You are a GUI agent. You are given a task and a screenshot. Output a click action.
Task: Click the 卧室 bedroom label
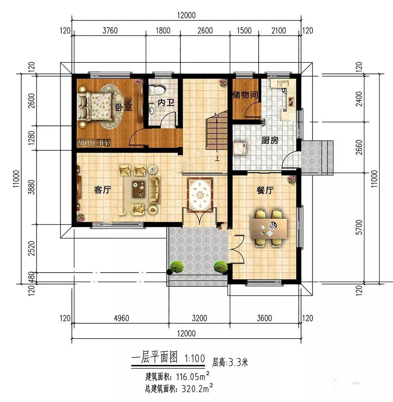(123, 107)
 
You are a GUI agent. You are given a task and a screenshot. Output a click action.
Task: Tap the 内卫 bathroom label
(166, 103)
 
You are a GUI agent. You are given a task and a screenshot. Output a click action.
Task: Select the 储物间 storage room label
(245, 95)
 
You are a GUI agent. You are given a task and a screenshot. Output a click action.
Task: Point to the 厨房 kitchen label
(270, 140)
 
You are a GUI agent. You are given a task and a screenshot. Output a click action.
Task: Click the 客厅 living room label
(103, 190)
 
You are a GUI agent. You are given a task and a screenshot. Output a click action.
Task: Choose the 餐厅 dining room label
(265, 190)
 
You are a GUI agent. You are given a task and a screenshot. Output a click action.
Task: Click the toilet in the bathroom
(157, 90)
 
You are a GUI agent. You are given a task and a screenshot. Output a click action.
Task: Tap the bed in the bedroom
(95, 107)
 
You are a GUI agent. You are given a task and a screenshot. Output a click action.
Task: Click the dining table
(269, 228)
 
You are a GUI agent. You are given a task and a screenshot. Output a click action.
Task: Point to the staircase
(217, 130)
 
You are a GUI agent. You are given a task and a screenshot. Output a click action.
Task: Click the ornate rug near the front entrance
(200, 195)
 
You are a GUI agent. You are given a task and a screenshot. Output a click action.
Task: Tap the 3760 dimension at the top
(110, 31)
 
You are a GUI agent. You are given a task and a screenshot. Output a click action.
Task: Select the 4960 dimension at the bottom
(121, 318)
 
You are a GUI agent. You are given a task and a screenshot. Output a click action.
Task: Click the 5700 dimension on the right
(359, 227)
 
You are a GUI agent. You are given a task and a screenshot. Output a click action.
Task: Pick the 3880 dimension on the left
(31, 187)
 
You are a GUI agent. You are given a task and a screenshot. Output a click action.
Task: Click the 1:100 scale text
(195, 358)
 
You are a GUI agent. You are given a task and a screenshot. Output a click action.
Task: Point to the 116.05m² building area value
(193, 376)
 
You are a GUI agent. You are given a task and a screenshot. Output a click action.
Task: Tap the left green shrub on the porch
(177, 267)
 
